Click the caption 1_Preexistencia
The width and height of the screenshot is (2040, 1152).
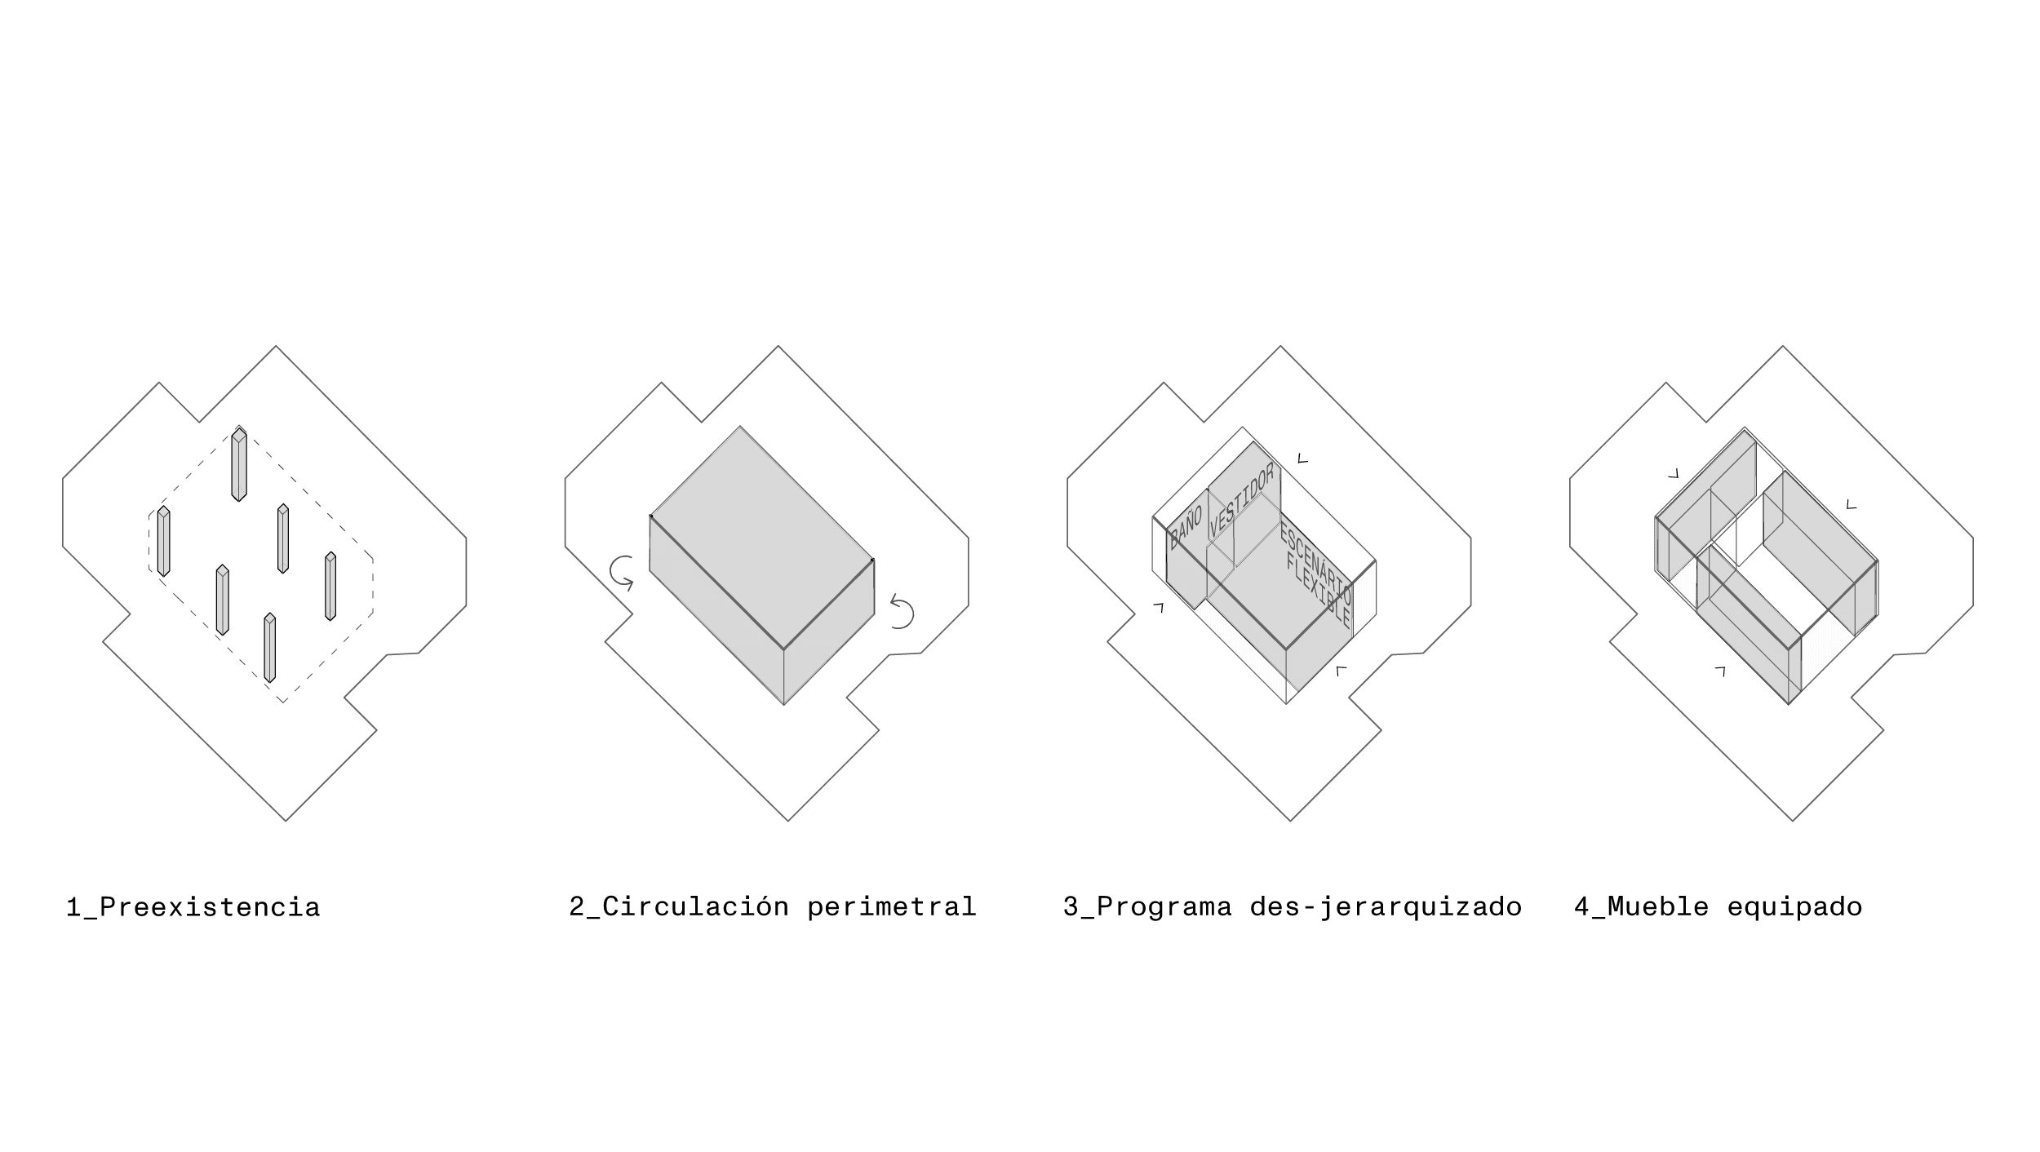coord(193,908)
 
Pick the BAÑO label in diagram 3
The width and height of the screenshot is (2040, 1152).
coord(1186,527)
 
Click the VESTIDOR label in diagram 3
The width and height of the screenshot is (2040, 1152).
coord(1241,500)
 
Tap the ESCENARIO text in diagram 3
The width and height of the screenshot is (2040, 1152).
coord(1315,564)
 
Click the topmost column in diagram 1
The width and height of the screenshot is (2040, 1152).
coord(239,463)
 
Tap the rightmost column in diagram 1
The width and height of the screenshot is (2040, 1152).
coord(330,587)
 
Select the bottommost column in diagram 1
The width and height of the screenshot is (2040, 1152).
coord(270,649)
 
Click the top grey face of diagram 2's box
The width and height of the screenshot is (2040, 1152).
coord(761,538)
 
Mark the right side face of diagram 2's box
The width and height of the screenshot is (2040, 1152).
coord(828,632)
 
